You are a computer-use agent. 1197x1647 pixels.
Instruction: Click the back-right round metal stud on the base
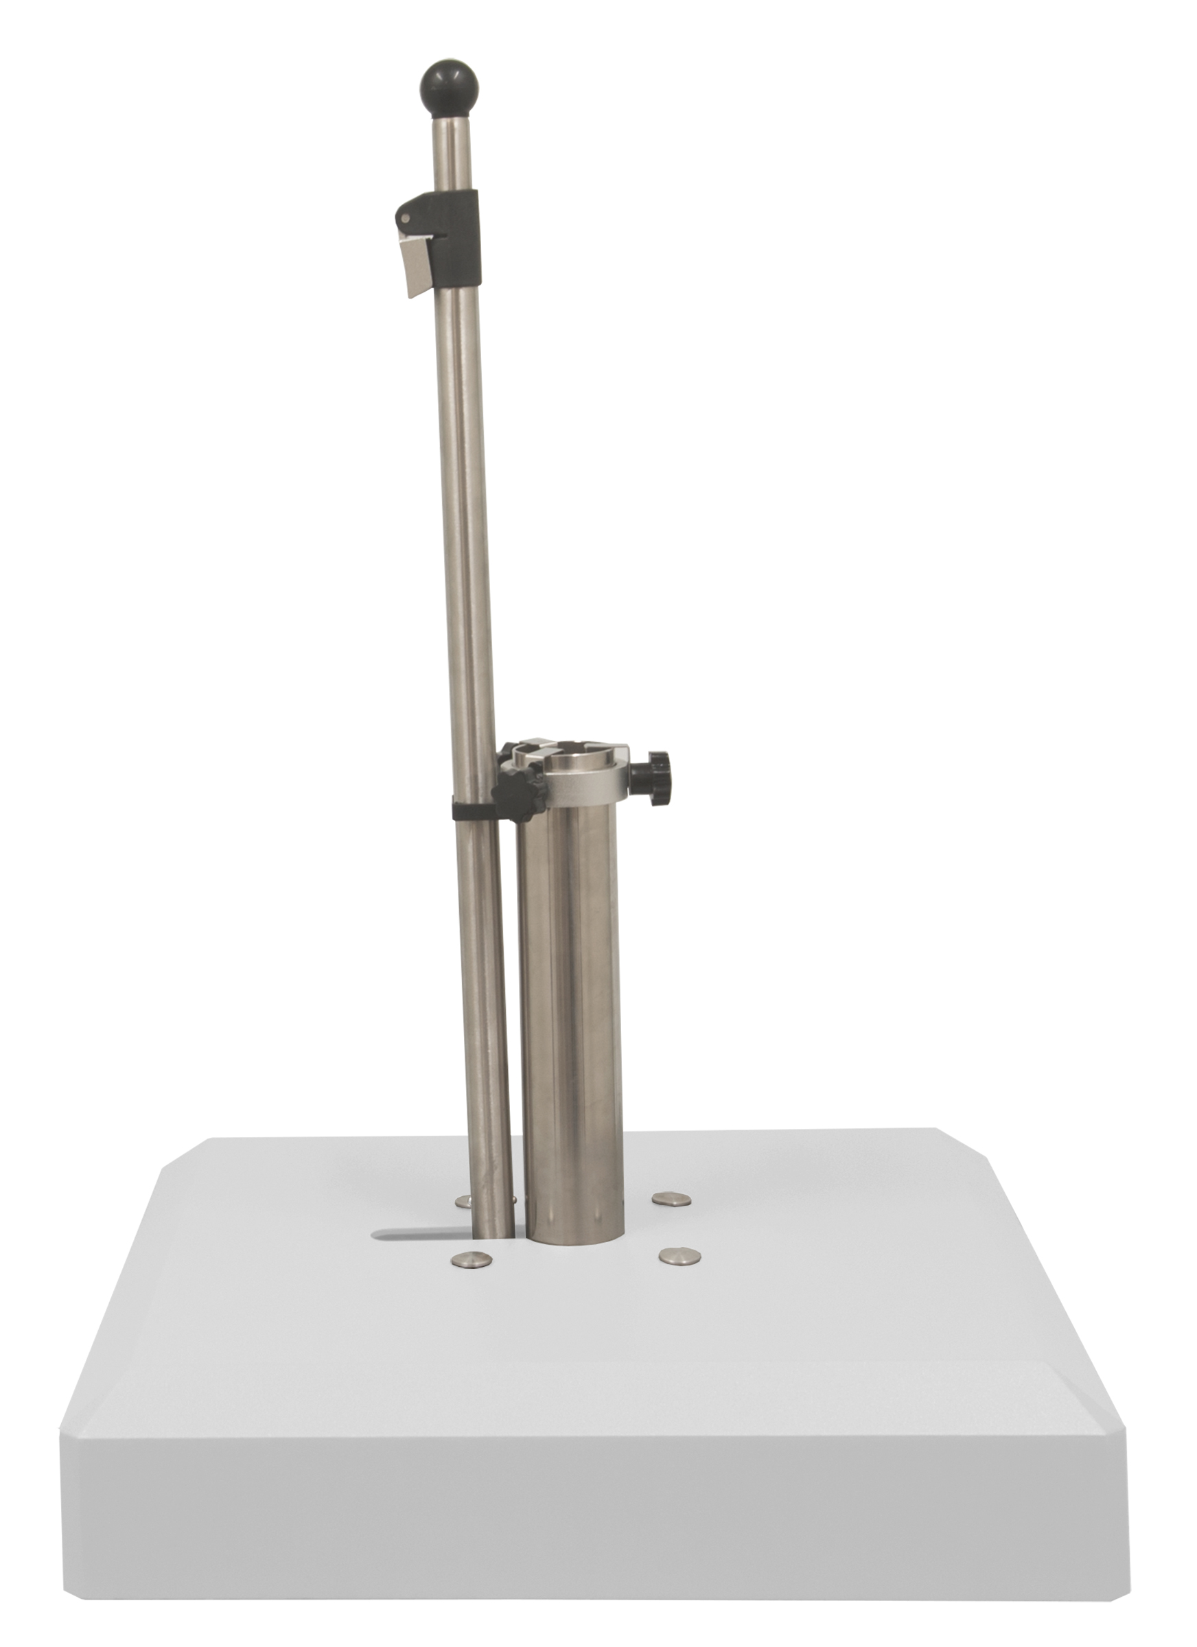click(x=672, y=1206)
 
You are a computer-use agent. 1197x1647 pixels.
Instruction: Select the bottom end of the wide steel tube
click(x=574, y=1238)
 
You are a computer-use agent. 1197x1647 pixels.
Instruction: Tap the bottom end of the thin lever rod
click(x=493, y=1235)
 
